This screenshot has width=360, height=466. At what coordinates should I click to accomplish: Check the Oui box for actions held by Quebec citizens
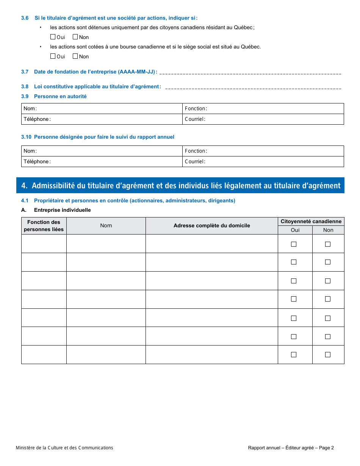pyautogui.click(x=53, y=37)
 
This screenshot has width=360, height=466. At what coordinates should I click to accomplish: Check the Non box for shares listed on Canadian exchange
pyautogui.click(x=75, y=56)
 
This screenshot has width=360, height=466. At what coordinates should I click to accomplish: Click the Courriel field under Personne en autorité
pyautogui.click(x=273, y=119)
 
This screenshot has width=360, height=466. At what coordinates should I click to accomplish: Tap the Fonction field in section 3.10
pyautogui.click(x=273, y=151)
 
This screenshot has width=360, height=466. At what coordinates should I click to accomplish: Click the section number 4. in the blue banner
pyautogui.click(x=25, y=186)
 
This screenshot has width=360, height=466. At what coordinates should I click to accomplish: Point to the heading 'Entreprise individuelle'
pyautogui.click(x=63, y=210)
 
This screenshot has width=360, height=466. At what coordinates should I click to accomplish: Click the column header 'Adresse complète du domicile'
pyautogui.click(x=212, y=226)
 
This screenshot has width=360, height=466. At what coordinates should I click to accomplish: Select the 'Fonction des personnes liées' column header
pyautogui.click(x=44, y=226)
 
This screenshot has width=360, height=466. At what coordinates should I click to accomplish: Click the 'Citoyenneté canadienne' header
pyautogui.click(x=311, y=221)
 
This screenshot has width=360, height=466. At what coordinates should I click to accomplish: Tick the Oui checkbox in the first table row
pyautogui.click(x=294, y=244)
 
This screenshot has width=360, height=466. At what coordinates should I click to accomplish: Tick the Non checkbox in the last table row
pyautogui.click(x=328, y=355)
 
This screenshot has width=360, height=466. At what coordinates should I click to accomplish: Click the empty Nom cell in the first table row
pyautogui.click(x=106, y=244)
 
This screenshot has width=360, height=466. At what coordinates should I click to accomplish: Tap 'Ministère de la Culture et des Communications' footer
pyautogui.click(x=64, y=448)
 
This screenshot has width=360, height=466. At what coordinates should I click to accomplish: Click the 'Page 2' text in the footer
pyautogui.click(x=326, y=448)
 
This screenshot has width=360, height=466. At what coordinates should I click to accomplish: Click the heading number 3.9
pyautogui.click(x=25, y=97)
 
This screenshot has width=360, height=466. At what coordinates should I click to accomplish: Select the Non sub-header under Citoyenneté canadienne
pyautogui.click(x=328, y=230)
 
